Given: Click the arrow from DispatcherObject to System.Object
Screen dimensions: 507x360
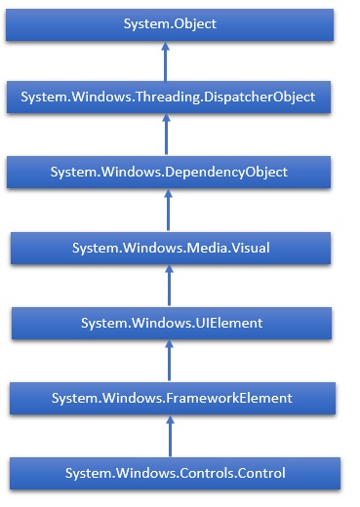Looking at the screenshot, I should [165, 61].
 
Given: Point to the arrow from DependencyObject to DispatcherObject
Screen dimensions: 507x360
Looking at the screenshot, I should [169, 136].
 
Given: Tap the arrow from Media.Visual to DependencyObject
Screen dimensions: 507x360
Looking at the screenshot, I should [168, 211].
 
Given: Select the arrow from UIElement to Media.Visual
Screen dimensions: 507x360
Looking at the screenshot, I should [169, 286].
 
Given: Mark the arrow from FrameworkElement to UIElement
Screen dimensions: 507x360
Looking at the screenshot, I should [169, 361].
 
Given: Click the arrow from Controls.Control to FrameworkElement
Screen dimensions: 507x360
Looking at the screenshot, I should [169, 436].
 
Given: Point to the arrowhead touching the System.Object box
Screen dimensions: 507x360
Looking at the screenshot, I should [165, 47].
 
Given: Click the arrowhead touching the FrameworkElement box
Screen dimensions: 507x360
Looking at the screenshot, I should [169, 421].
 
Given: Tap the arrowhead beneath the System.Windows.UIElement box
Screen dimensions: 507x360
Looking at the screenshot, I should [169, 346].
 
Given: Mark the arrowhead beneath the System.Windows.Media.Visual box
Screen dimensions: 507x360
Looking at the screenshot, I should [169, 271].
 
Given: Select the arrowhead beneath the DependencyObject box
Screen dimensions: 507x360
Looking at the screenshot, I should [168, 196].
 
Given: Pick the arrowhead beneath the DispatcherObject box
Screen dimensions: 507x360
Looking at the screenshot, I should [169, 121].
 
